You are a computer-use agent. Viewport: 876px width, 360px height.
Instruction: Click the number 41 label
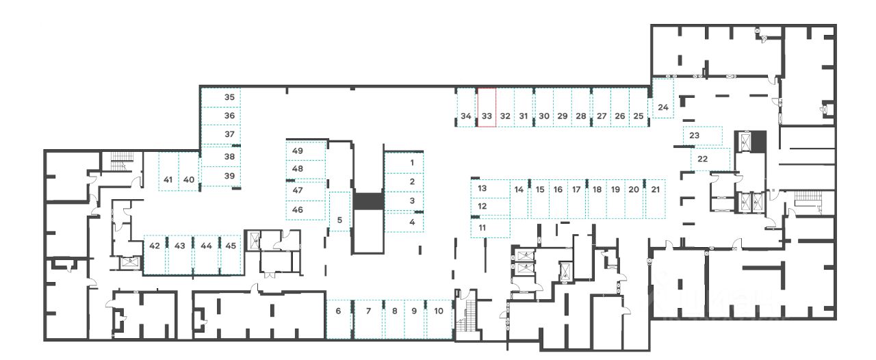coord(168,179)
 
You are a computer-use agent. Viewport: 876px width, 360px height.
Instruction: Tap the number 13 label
coord(482,188)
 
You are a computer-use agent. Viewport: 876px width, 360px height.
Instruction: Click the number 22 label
coord(702,158)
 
